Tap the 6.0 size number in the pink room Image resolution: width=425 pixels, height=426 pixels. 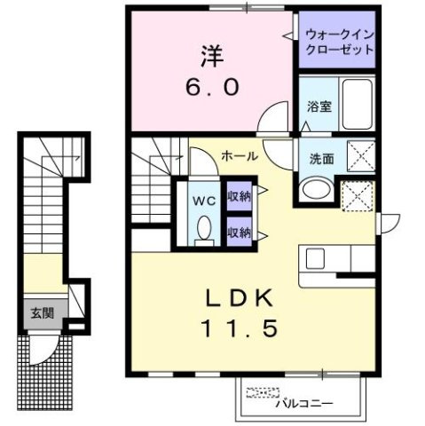pyautogui.click(x=210, y=90)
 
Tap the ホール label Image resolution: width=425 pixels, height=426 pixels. pyautogui.click(x=240, y=156)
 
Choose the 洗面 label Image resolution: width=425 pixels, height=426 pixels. pyautogui.click(x=320, y=160)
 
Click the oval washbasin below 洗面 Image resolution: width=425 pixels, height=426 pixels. pyautogui.click(x=314, y=189)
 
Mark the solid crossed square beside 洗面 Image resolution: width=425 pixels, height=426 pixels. pyautogui.click(x=358, y=159)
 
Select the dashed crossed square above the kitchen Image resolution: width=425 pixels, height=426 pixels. pyautogui.click(x=357, y=194)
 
